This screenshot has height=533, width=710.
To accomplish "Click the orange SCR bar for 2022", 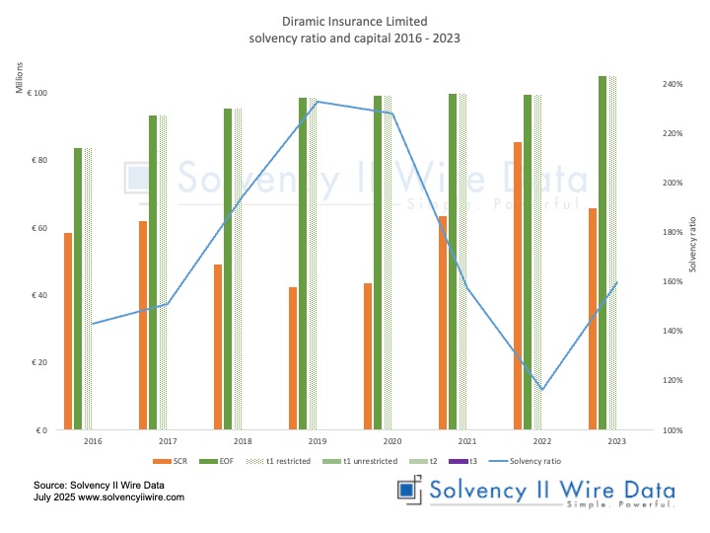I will pyautogui.click(x=518, y=286).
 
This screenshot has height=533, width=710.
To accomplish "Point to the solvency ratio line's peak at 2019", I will pyautogui.click(x=317, y=102).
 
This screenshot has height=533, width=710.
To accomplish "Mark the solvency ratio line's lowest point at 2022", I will pyautogui.click(x=541, y=389).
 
